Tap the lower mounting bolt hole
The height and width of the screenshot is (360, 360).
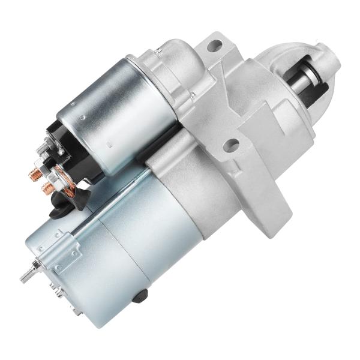pos(231,145)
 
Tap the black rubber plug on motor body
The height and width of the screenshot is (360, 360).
pos(142,295)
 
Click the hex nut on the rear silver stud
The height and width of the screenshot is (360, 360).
pos(37,265)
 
